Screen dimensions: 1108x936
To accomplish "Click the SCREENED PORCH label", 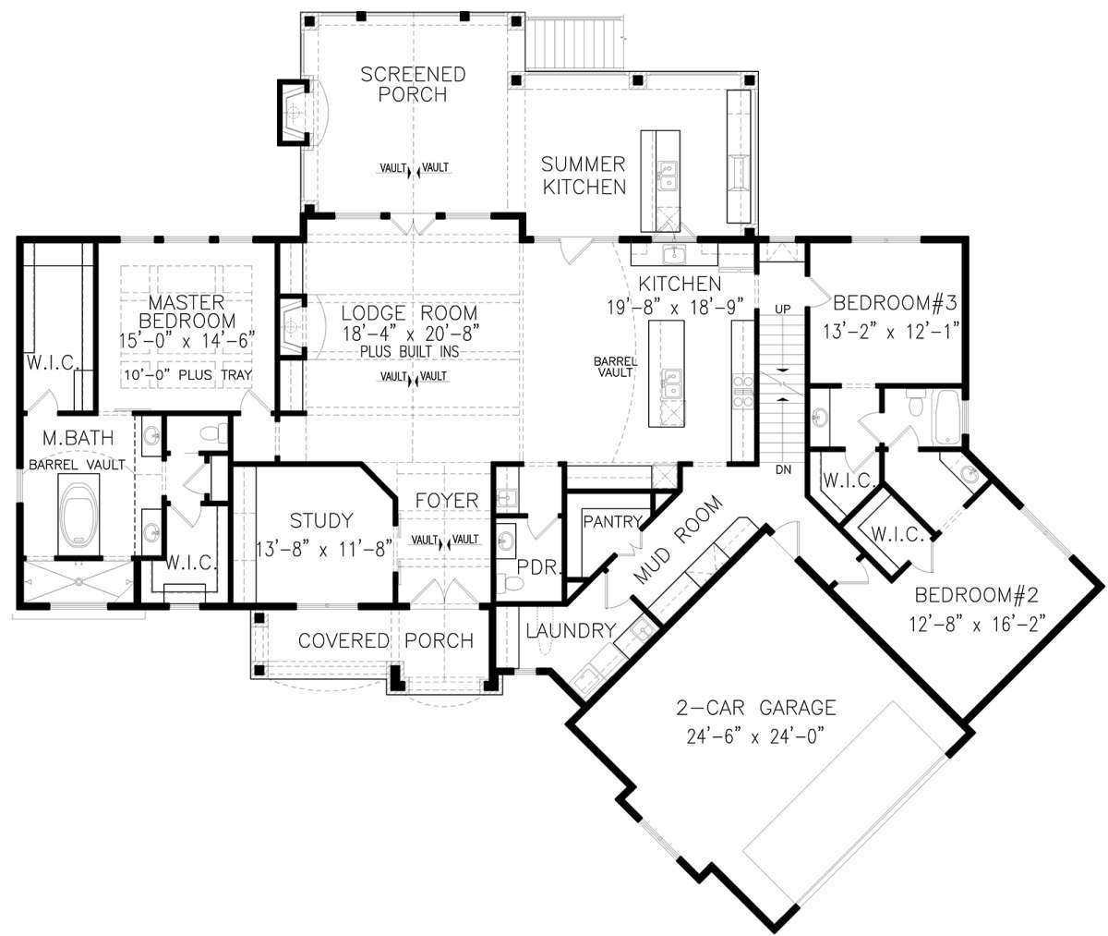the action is coord(413,84).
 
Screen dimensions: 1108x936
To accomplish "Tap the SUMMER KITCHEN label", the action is coord(584,176).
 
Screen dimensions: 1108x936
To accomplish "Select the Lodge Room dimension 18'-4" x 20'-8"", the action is coord(411,333).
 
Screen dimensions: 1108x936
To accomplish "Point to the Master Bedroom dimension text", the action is coord(187,340).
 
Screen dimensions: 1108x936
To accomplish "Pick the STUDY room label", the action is coord(321,520).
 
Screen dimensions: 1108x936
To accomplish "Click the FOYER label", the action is coord(447,501).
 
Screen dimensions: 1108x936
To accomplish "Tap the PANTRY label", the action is coord(613,522).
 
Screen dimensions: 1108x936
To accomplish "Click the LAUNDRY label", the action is coord(571,630).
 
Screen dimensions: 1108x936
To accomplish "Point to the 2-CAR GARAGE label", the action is coord(755,708).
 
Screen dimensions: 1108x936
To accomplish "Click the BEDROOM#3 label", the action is coord(895,303).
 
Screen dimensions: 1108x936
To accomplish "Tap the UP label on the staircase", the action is coord(783,310).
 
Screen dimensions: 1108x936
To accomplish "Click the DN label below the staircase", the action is coord(783,469).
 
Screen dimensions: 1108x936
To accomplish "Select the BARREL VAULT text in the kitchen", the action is coord(616,367).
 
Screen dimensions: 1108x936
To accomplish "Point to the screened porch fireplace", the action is coord(294,113).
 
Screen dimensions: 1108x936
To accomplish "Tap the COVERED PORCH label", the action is coord(386,640).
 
